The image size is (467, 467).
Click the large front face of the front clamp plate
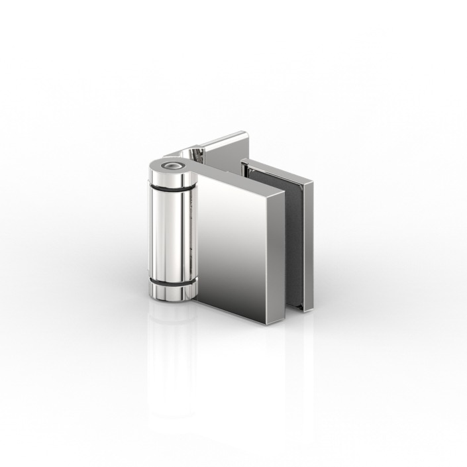pos(232,245)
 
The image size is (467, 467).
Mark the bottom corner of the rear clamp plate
pos(309,310)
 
